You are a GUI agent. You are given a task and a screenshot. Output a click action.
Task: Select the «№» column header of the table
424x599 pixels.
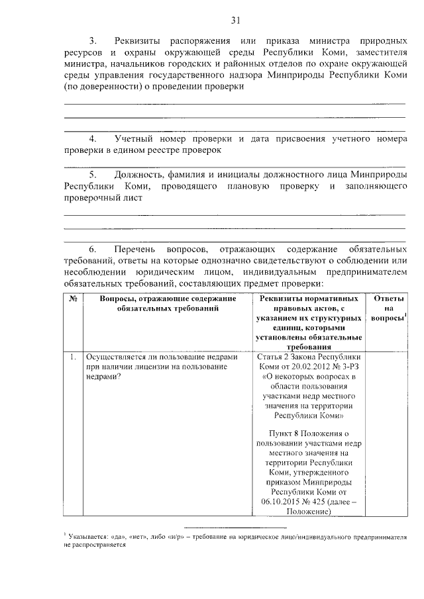tap(72, 299)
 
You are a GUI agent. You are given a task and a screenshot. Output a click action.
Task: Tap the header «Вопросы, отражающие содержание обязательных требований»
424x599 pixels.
tap(168, 304)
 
